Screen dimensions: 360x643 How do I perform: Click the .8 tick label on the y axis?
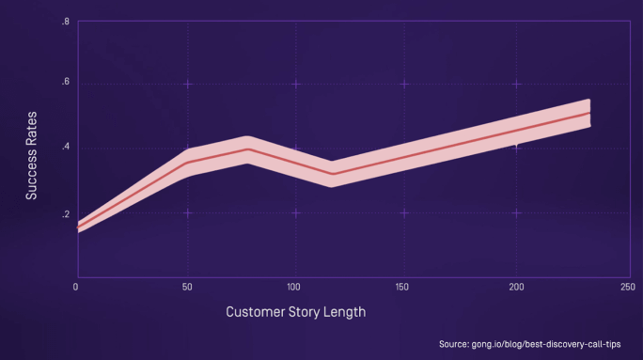click(x=66, y=21)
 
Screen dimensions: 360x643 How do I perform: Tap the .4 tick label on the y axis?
click(x=66, y=148)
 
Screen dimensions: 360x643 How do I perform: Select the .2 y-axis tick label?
click(x=66, y=213)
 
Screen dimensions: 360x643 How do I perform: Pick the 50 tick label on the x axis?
click(x=187, y=286)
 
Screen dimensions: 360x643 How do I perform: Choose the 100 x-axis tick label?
click(x=296, y=286)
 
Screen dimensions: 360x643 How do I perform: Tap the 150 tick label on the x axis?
click(x=405, y=286)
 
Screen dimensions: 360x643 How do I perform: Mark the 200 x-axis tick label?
click(x=516, y=286)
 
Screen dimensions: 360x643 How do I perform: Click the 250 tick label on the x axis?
click(x=625, y=286)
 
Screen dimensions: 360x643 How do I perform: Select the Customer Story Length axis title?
click(x=296, y=311)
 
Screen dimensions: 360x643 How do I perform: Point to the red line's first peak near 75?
click(x=247, y=149)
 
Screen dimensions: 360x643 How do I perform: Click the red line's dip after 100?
click(x=331, y=173)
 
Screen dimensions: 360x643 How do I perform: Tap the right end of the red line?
click(x=589, y=113)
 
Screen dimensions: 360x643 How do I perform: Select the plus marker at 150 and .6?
click(x=405, y=84)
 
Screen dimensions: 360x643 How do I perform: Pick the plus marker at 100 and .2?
click(x=296, y=212)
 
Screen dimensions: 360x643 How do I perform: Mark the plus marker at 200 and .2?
click(x=516, y=212)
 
